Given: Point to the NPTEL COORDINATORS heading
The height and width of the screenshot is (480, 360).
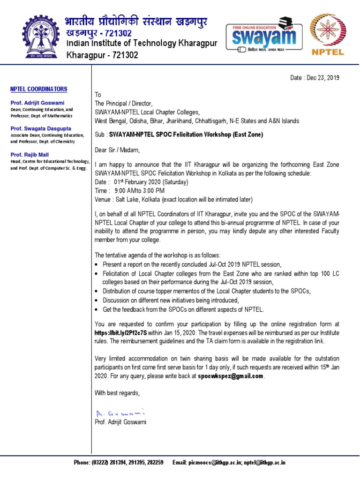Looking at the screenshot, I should tap(39, 89).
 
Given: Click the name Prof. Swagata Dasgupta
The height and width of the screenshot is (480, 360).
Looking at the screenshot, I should tap(41, 128).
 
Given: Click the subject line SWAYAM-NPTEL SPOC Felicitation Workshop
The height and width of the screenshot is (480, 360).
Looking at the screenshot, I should tap(186, 135).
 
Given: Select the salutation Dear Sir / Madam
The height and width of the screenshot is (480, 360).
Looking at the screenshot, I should tap(117, 150).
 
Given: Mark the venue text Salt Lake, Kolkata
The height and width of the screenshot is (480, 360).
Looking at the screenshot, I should tap(138, 199).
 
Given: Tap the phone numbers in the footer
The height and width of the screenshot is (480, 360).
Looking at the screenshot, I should tap(119, 463).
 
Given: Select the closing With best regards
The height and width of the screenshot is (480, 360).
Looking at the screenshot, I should tap(117, 393).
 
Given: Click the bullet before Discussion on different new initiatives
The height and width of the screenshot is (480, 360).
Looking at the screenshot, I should tap(97, 300).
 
